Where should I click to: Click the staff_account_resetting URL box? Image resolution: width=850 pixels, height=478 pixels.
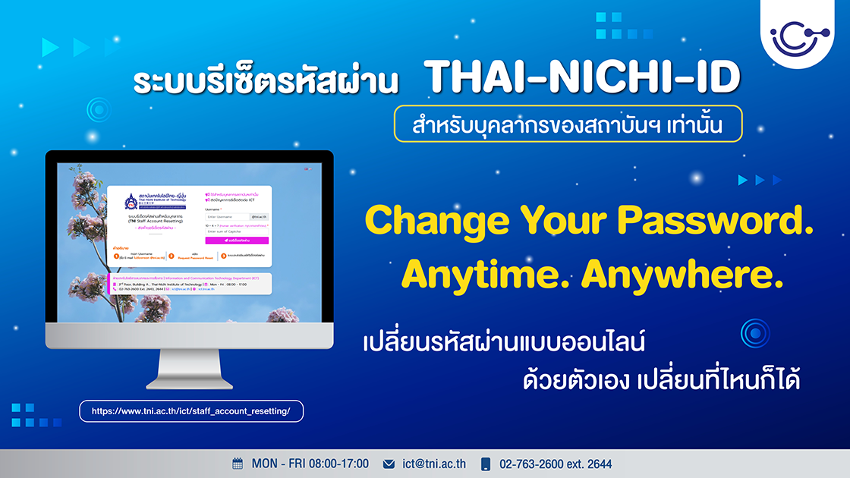point(191,410)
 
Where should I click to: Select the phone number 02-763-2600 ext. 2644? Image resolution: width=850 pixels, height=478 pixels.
point(555,464)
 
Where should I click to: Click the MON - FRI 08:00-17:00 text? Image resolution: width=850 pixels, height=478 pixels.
point(310,464)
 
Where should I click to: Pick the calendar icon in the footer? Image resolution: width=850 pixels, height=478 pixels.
point(238,464)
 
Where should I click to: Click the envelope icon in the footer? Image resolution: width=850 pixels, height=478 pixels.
point(389,464)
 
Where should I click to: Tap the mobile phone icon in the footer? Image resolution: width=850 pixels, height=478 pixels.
point(486,464)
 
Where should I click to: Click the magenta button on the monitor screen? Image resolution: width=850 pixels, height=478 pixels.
point(236,241)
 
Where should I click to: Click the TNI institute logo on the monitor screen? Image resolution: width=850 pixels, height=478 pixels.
point(132,203)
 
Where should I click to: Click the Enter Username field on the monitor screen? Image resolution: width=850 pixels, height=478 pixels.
point(227,216)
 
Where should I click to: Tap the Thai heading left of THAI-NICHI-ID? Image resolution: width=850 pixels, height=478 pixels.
point(272,82)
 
